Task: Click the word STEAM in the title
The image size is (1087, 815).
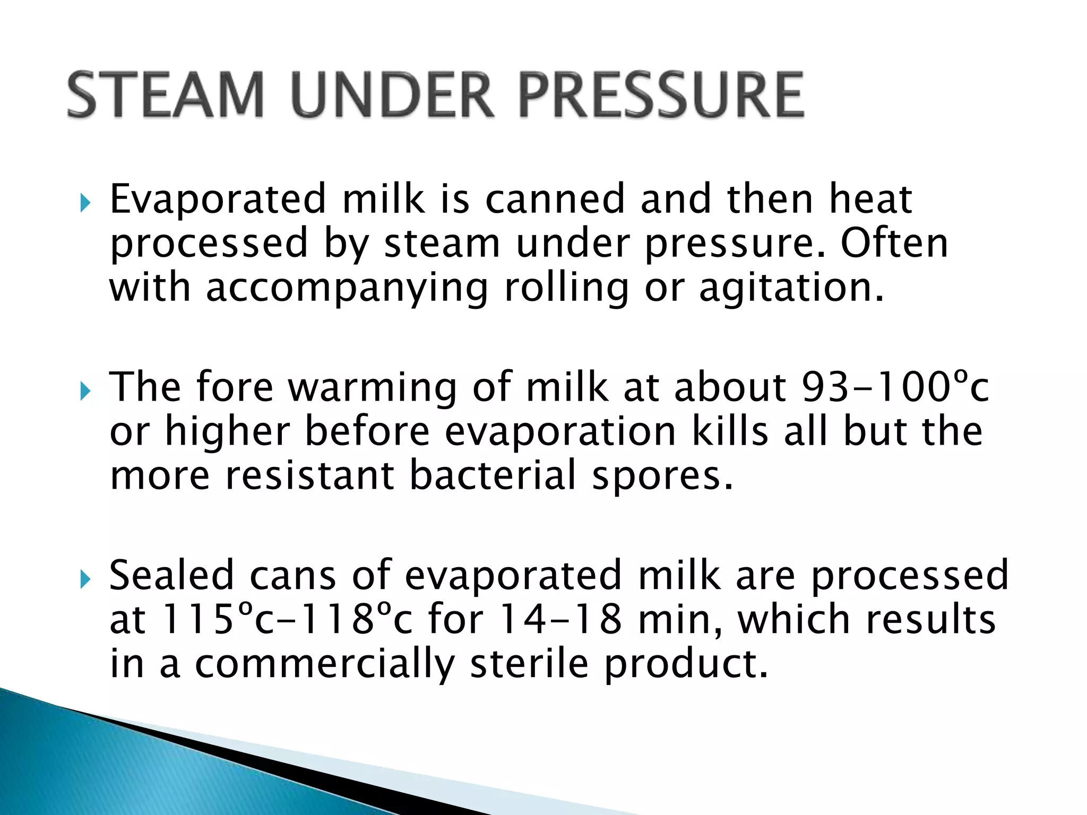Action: [166, 95]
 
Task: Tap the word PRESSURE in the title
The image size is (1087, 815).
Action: [661, 95]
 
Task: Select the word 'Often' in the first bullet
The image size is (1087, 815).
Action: [894, 244]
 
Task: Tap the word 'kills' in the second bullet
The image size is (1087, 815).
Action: [730, 431]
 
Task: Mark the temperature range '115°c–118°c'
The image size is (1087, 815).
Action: [287, 619]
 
